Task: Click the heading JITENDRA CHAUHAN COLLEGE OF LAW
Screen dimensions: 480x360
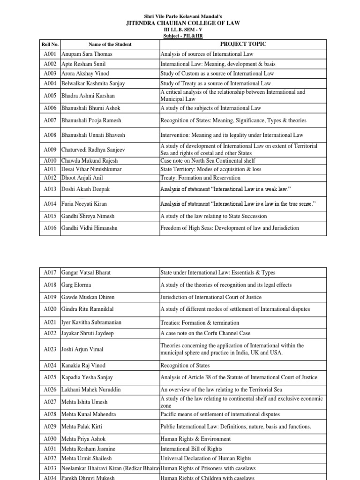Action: point(180,23)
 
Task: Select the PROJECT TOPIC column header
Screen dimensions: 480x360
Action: point(246,44)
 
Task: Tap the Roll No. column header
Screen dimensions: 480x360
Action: point(50,45)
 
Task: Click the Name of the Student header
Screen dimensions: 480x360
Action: point(110,45)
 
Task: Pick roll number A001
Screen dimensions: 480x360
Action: point(50,54)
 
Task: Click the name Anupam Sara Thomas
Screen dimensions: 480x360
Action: point(87,54)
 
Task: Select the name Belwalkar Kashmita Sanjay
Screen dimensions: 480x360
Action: point(93,83)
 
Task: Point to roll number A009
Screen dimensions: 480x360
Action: point(50,150)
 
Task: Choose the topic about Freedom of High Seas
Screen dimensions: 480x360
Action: point(230,228)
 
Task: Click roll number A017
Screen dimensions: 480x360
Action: point(50,272)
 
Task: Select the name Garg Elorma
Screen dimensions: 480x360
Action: point(77,285)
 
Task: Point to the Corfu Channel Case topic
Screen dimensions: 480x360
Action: point(205,333)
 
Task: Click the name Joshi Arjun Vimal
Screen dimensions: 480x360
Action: point(82,349)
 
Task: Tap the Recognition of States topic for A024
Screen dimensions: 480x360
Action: point(185,365)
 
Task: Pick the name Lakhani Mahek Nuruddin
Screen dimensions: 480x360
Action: point(92,390)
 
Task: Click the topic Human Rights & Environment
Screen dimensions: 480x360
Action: point(195,439)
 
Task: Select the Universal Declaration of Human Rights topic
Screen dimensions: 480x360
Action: point(206,458)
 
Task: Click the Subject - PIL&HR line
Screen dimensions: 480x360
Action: point(180,36)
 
